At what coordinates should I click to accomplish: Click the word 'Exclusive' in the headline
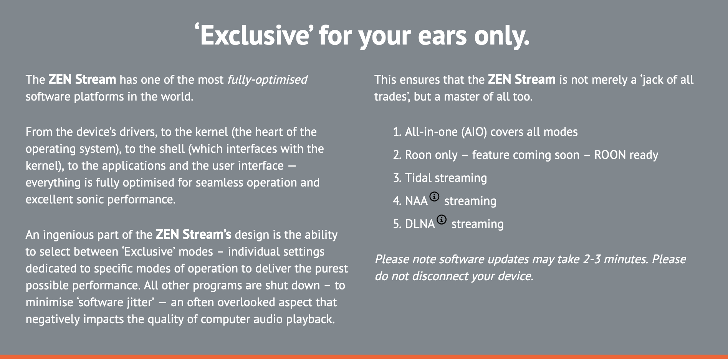255,35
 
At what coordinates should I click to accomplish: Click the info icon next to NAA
434,197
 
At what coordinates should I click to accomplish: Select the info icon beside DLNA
442,220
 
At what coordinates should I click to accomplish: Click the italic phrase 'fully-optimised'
267,80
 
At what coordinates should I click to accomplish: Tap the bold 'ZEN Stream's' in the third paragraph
194,234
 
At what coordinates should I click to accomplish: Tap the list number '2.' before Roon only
397,155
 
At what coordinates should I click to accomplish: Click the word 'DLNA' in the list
420,224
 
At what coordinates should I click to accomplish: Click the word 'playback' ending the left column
310,319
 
